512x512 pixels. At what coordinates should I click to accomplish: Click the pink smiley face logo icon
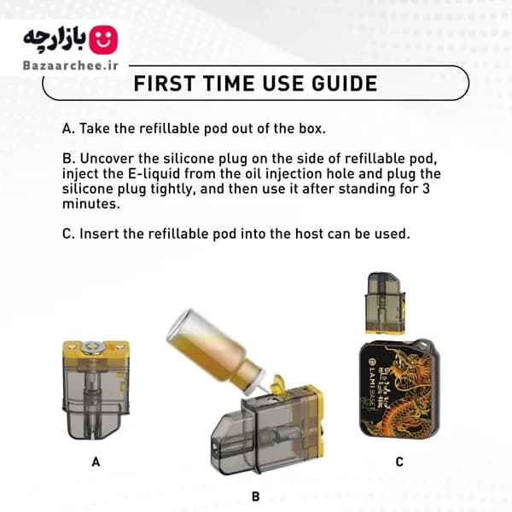tap(103, 40)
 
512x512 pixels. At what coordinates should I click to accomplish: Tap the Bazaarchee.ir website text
tap(71, 66)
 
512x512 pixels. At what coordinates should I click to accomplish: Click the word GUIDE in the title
tap(345, 84)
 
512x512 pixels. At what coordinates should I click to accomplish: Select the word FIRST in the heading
tap(165, 84)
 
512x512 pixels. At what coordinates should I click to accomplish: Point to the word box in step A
tap(312, 128)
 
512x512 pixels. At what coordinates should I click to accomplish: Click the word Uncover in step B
tap(107, 159)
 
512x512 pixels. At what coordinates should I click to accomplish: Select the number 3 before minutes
tap(426, 189)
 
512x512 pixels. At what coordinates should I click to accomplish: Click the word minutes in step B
tap(91, 204)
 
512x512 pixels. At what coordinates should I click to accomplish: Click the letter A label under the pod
tap(96, 462)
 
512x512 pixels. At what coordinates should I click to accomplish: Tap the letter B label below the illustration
tap(256, 497)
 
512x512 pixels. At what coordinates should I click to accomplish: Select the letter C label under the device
tap(399, 462)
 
